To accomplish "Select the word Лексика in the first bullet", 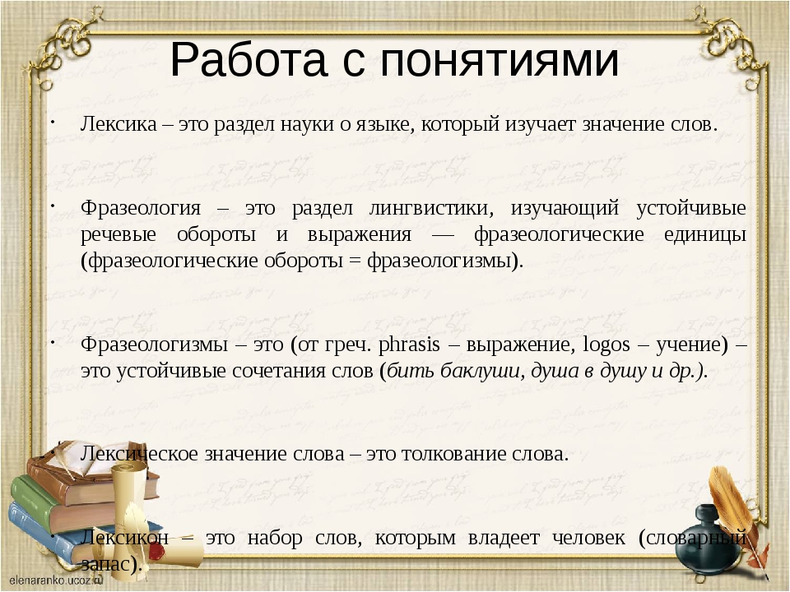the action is coord(118,124).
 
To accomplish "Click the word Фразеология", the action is coord(141,209).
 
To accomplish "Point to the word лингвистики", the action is coord(431,208).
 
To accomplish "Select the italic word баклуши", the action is coord(480,372).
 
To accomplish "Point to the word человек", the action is coord(588,538).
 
